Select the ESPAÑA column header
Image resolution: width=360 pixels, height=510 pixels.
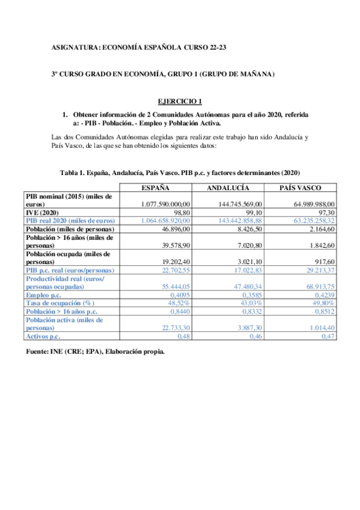[x=159, y=188]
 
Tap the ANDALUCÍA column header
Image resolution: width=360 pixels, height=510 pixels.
[x=227, y=188]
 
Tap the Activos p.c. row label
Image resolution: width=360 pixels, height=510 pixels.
[x=45, y=336]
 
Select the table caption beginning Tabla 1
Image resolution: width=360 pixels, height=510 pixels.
[x=180, y=173]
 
